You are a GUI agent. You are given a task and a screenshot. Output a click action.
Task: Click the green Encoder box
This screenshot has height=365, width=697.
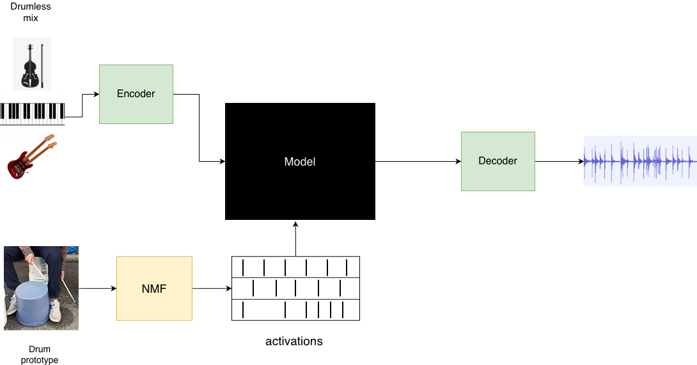136,94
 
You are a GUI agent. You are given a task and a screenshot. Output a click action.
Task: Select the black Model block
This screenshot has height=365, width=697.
300,162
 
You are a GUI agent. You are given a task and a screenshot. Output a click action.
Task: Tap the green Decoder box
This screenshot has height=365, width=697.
497,161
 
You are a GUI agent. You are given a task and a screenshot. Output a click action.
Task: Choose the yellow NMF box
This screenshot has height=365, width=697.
154,288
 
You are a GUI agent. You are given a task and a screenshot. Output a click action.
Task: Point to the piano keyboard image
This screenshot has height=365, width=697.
32,113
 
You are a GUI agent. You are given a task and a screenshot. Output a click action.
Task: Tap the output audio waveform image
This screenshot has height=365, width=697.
639,161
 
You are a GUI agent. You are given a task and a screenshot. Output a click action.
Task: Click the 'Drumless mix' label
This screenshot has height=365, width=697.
31,12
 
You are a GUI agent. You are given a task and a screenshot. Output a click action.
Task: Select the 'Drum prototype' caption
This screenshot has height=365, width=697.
40,355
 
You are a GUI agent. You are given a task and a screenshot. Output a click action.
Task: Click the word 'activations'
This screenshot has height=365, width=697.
294,341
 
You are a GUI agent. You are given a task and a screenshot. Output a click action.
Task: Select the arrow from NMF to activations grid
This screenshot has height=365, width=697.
212,288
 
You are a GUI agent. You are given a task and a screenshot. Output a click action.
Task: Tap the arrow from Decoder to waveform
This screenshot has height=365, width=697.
559,162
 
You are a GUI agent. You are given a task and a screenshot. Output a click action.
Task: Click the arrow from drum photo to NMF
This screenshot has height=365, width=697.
97,288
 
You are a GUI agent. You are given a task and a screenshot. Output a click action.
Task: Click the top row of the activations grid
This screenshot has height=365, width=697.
295,267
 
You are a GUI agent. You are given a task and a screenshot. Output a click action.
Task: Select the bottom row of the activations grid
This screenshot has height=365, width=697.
295,310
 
